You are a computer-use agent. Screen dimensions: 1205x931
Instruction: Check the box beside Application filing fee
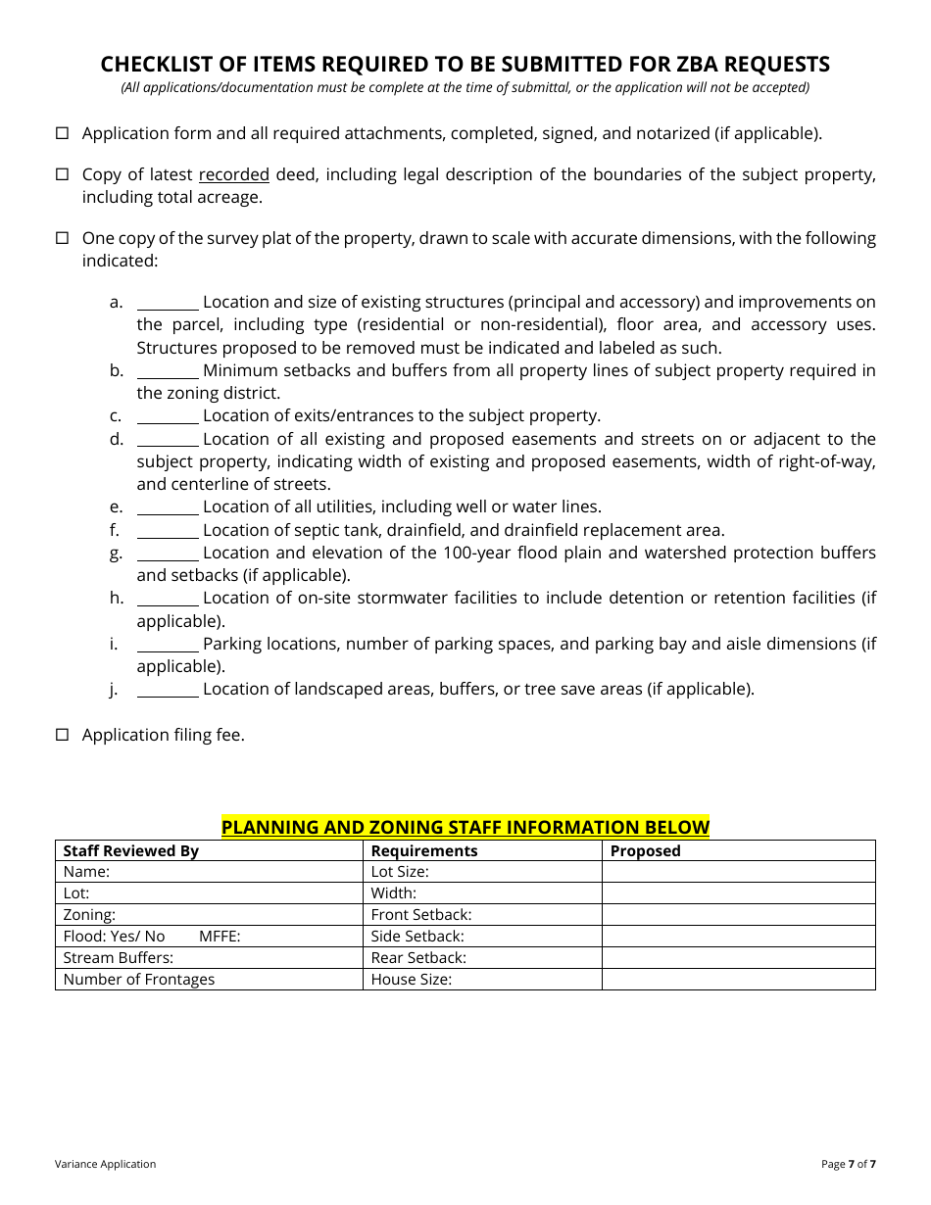[62, 735]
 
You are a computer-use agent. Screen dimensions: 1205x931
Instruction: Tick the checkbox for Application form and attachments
[62, 133]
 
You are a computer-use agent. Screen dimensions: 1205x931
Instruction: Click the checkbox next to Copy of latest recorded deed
[62, 174]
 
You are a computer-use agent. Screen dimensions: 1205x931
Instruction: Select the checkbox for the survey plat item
[62, 238]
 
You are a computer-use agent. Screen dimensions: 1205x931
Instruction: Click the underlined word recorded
[233, 174]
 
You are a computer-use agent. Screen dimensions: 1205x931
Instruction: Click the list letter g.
[116, 554]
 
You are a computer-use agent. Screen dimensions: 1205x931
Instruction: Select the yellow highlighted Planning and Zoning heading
[465, 827]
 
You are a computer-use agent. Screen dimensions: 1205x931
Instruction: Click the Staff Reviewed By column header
[131, 850]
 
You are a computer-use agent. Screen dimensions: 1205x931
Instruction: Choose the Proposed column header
[645, 850]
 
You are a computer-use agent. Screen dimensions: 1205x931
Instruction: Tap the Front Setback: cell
[421, 915]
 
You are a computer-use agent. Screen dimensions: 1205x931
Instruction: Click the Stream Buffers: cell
[119, 958]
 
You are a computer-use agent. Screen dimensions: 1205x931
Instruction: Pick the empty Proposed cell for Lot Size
[738, 872]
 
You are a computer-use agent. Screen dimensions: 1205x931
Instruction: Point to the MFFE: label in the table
[220, 937]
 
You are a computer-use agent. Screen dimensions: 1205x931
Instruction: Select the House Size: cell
[412, 980]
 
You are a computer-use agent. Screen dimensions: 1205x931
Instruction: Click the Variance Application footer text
[105, 1164]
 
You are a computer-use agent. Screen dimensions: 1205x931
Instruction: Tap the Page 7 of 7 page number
[848, 1164]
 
